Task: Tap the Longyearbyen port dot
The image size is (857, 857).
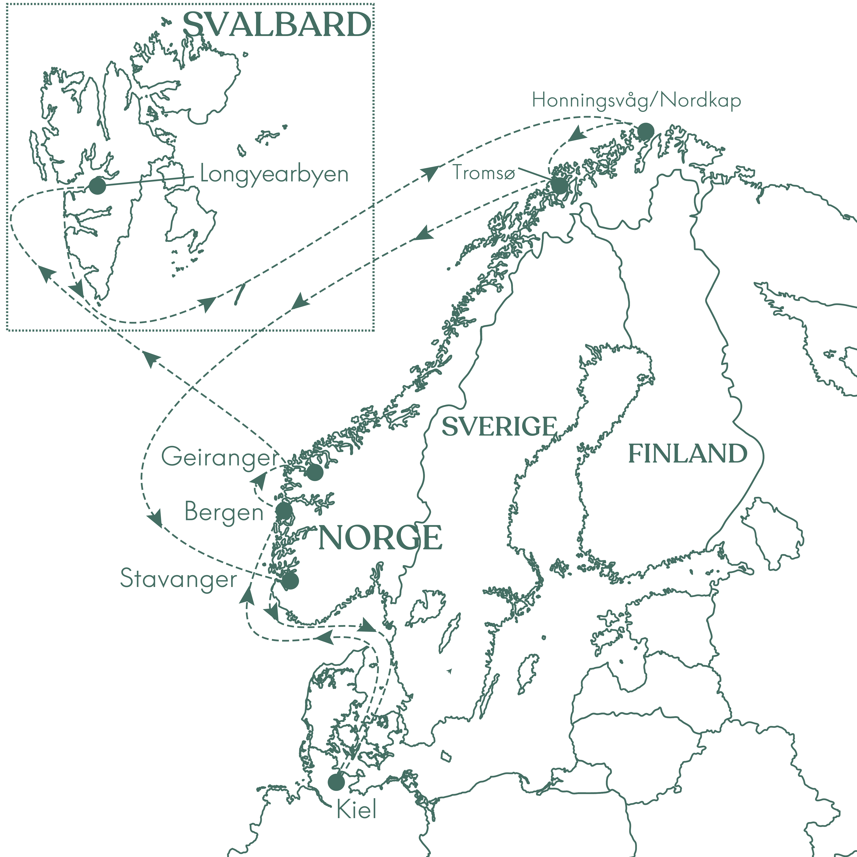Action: tap(98, 186)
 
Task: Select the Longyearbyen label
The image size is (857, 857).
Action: tap(274, 174)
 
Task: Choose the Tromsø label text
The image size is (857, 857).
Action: tap(484, 173)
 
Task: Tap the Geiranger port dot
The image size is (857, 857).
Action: tap(314, 472)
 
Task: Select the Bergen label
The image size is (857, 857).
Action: tap(224, 512)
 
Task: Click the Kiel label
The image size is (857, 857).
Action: tap(357, 810)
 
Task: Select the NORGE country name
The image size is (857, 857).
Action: tap(380, 538)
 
